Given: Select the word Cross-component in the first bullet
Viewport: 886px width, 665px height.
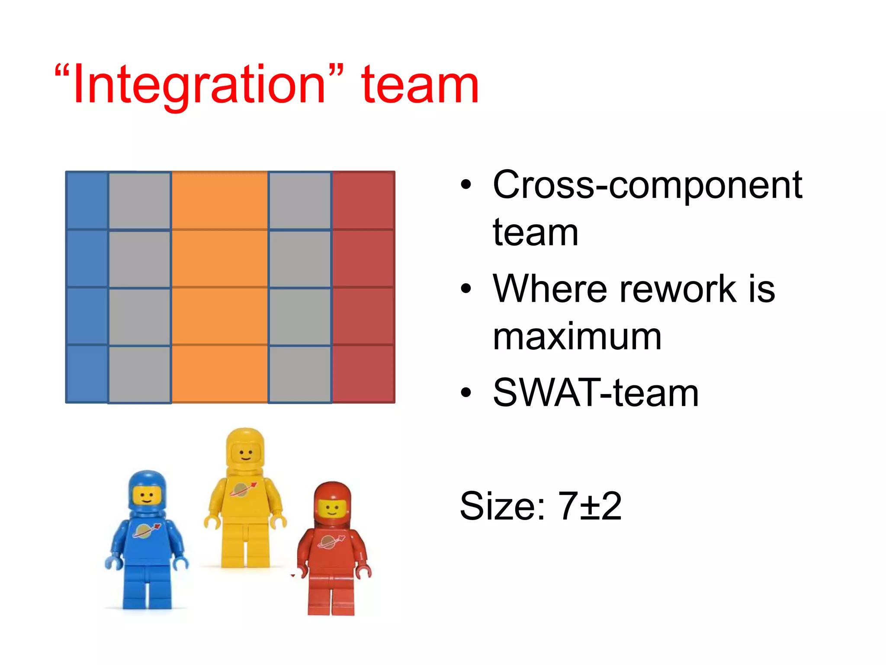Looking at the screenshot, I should (648, 185).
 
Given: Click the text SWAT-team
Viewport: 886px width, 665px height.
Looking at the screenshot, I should (596, 393).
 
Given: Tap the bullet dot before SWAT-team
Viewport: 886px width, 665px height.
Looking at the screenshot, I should (466, 393).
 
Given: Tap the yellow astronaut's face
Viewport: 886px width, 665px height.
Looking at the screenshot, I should (246, 455).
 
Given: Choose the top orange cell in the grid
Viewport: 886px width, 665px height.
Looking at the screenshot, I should (220, 200).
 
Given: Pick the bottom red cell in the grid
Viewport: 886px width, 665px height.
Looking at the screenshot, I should (363, 374).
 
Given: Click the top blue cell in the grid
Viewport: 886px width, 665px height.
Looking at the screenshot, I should (87, 200).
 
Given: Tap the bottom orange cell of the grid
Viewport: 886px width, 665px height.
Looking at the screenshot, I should (220, 374).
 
